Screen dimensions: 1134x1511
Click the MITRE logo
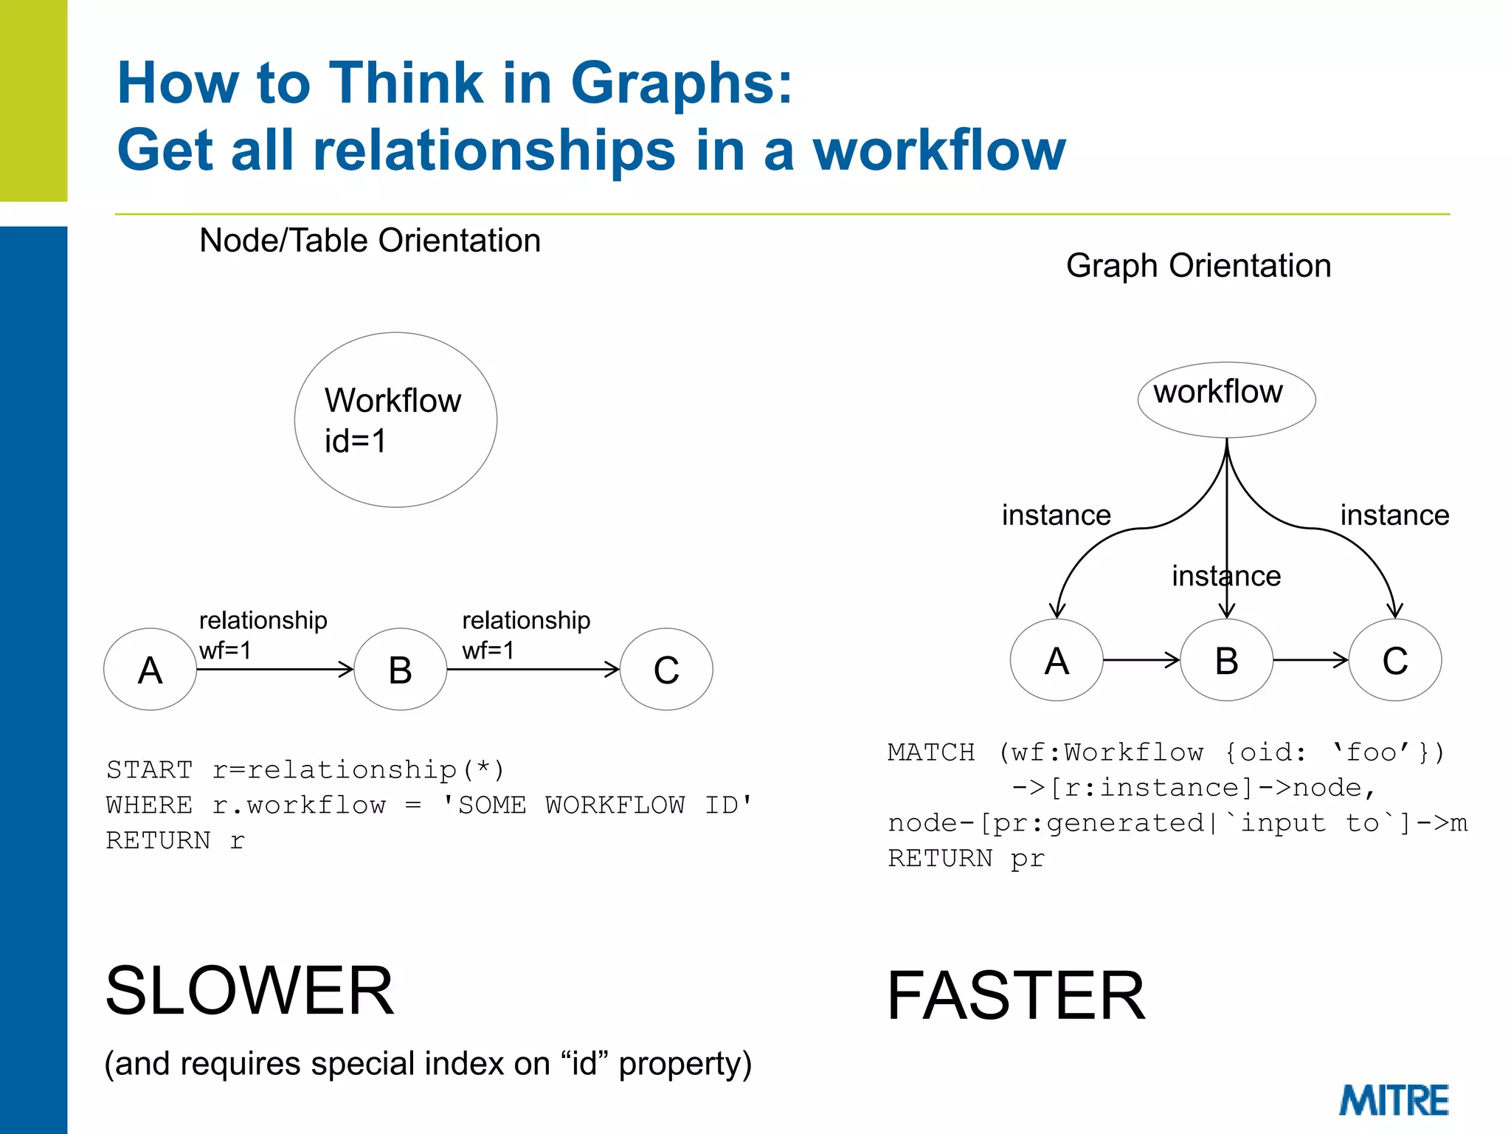click(x=1394, y=1100)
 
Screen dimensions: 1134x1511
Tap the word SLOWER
click(x=249, y=991)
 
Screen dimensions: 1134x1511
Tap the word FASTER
click(x=1015, y=996)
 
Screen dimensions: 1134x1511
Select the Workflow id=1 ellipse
click(x=395, y=419)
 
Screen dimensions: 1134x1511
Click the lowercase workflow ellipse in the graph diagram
click(x=1226, y=399)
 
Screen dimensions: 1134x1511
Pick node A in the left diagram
click(x=150, y=670)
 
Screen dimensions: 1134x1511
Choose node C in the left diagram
click(x=666, y=670)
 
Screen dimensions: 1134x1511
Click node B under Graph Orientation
click(x=1226, y=660)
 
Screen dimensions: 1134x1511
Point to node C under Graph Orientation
click(x=1394, y=660)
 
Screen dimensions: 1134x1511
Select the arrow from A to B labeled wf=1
click(x=274, y=670)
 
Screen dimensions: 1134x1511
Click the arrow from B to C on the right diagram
click(x=1310, y=660)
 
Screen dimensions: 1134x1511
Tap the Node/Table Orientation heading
click(x=370, y=241)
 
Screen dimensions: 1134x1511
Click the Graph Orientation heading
click(x=1198, y=266)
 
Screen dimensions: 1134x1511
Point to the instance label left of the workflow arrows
click(x=1056, y=515)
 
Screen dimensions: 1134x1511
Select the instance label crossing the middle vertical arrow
click(x=1226, y=576)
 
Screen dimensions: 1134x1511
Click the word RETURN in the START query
click(x=158, y=841)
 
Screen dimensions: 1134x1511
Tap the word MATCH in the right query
click(x=931, y=752)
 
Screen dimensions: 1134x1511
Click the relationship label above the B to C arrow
click(x=526, y=620)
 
